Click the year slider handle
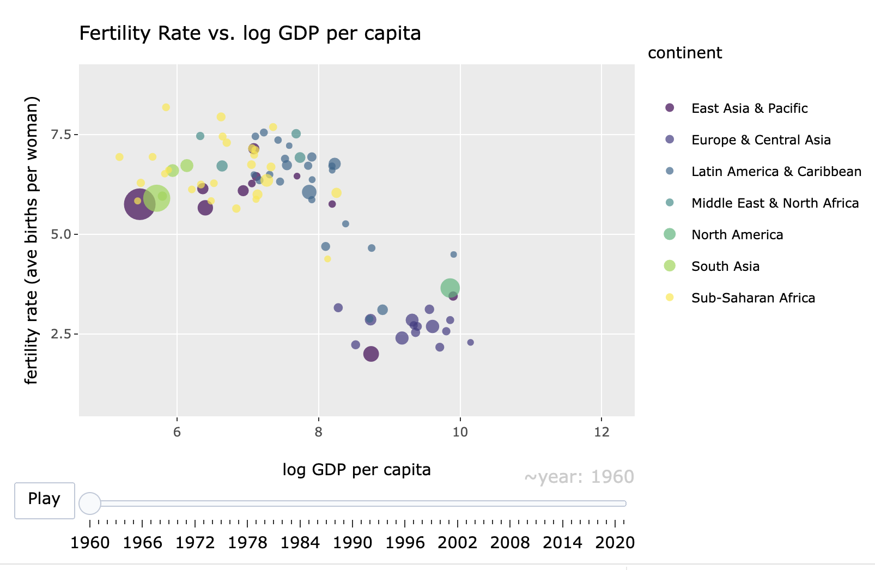[x=90, y=503]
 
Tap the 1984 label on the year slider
[x=300, y=543]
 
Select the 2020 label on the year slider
[x=615, y=543]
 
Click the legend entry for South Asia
[x=725, y=266]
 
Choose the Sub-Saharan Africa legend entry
[x=752, y=298]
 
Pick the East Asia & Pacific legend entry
[x=749, y=108]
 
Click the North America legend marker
[x=670, y=234]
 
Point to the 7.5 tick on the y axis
[x=61, y=135]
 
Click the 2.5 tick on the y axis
[x=61, y=334]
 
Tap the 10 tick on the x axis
[x=460, y=433]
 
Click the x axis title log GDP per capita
[x=356, y=470]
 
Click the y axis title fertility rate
[x=32, y=240]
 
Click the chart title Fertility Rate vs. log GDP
[x=250, y=34]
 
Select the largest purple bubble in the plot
[x=140, y=204]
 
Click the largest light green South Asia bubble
[x=156, y=198]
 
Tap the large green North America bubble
[x=450, y=288]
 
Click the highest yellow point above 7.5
[x=166, y=107]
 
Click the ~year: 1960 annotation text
[x=579, y=477]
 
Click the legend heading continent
[x=684, y=53]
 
